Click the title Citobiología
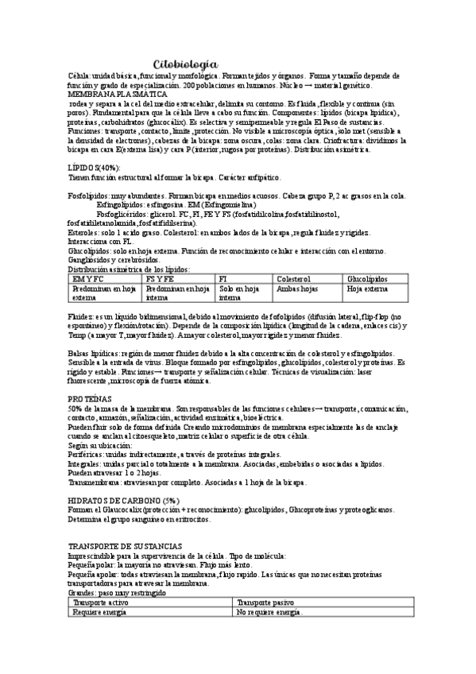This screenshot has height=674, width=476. pyautogui.click(x=184, y=63)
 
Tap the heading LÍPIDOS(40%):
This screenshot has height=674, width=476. pyautogui.click(x=94, y=168)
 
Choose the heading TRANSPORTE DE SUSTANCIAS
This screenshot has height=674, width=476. pyautogui.click(x=125, y=546)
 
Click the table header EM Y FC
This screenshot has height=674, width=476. pyautogui.click(x=88, y=279)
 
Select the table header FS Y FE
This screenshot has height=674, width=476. pyautogui.click(x=161, y=279)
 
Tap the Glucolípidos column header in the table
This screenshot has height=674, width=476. pyautogui.click(x=367, y=279)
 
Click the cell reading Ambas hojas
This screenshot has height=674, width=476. pyautogui.click(x=296, y=289)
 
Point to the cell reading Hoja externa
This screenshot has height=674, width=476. pyautogui.click(x=366, y=289)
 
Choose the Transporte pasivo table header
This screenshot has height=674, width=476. pyautogui.click(x=265, y=603)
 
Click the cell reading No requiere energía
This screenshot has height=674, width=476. pyautogui.click(x=269, y=612)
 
